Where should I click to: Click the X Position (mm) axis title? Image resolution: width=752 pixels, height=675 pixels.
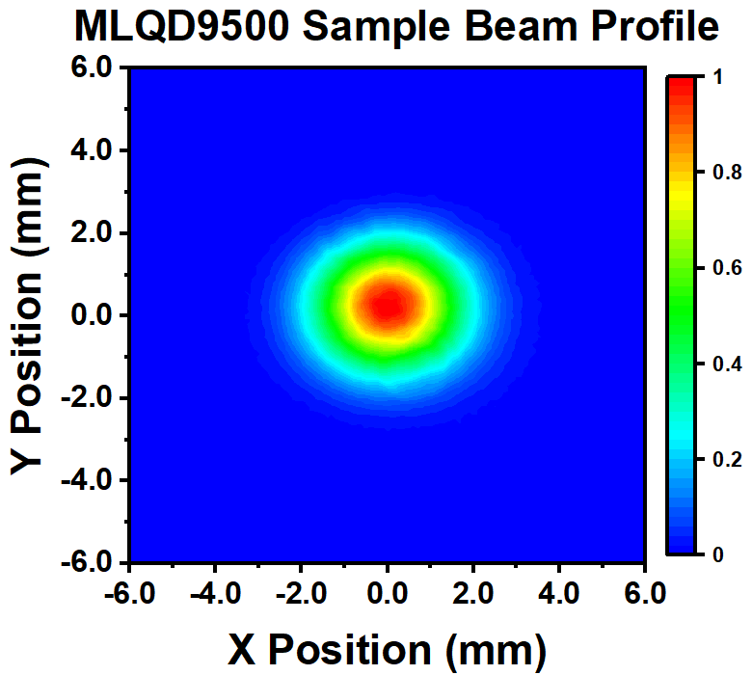coord(387,648)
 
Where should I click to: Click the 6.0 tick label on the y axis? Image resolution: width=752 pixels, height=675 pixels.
coord(95,67)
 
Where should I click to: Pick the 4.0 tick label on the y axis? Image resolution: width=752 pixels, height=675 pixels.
coord(95,150)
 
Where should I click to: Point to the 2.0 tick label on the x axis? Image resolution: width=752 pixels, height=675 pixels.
coord(472,589)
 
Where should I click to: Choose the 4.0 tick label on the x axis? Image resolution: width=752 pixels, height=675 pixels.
coord(558,589)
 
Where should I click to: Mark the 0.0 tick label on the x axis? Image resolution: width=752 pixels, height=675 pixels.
coord(387,589)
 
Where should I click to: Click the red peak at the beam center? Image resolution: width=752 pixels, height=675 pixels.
coord(389,305)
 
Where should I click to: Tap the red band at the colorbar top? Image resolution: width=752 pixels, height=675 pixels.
coord(682,87)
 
